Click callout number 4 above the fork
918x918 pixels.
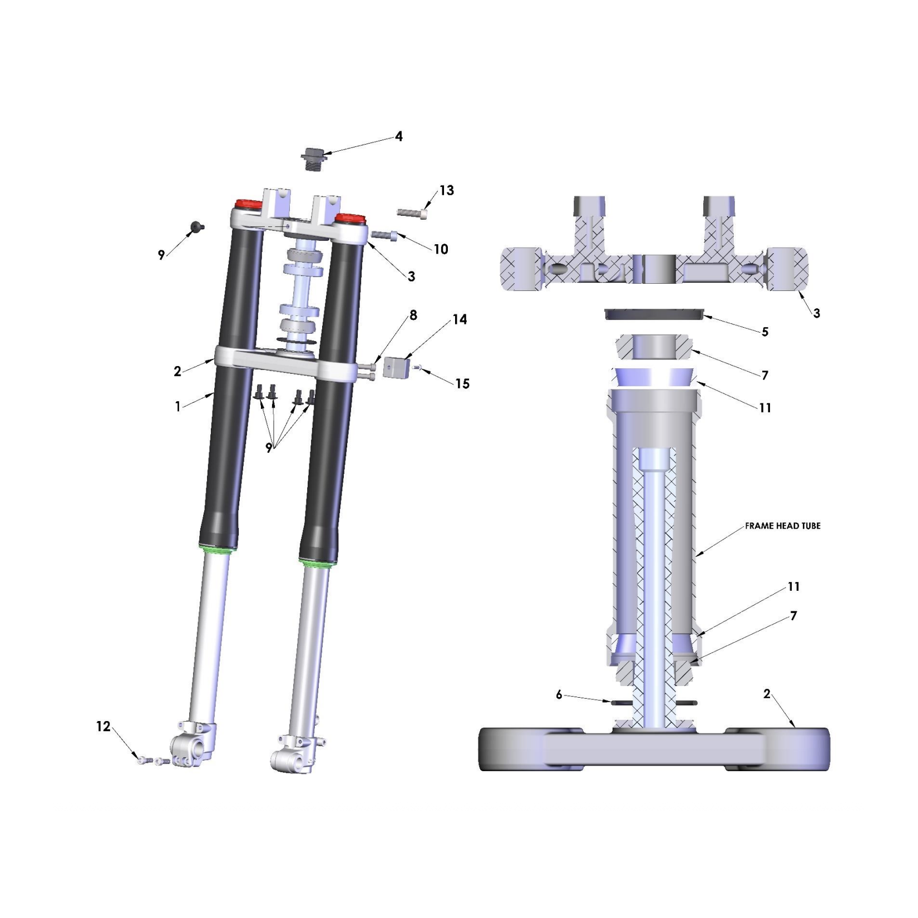point(398,136)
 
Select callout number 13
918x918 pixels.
point(447,190)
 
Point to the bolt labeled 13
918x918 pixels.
point(413,213)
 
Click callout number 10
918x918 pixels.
point(441,249)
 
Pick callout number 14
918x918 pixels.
point(460,319)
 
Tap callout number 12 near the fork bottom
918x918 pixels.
point(103,726)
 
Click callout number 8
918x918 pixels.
point(413,315)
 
